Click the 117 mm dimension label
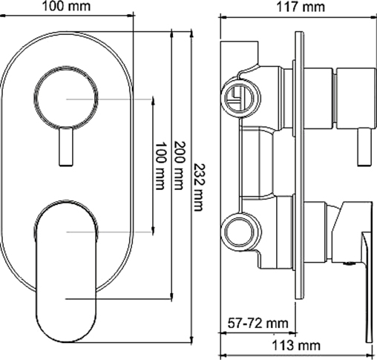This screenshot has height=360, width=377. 301,7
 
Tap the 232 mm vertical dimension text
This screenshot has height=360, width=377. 198,187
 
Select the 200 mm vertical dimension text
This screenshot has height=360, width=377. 180,166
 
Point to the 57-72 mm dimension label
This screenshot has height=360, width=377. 258,323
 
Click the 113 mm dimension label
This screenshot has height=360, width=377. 296,345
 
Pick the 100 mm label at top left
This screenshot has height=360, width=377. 66,6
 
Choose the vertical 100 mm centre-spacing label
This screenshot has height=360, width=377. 160,166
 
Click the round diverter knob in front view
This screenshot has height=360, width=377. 66,98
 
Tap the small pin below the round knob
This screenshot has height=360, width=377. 66,146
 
